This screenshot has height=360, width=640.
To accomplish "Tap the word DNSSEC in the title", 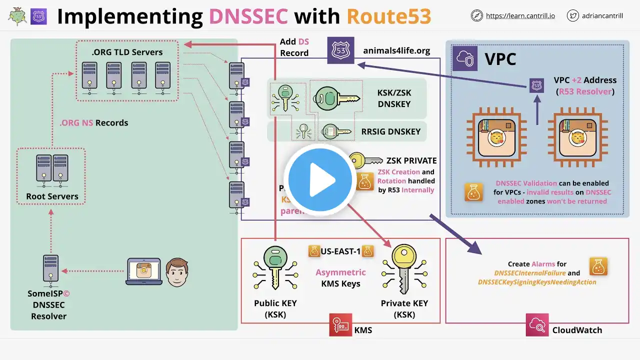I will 248,16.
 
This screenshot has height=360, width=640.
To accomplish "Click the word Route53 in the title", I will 388,16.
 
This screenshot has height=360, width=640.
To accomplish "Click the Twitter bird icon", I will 573,16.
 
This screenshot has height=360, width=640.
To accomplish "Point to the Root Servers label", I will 52,196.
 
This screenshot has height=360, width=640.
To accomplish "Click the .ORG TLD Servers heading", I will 127,52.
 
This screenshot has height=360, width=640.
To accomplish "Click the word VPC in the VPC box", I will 500,59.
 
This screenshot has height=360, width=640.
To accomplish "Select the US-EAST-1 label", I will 341,251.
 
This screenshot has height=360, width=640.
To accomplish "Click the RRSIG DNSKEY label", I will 391,132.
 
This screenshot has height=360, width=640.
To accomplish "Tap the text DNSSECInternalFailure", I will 530,273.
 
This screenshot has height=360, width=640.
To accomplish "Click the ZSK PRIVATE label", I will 411,160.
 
